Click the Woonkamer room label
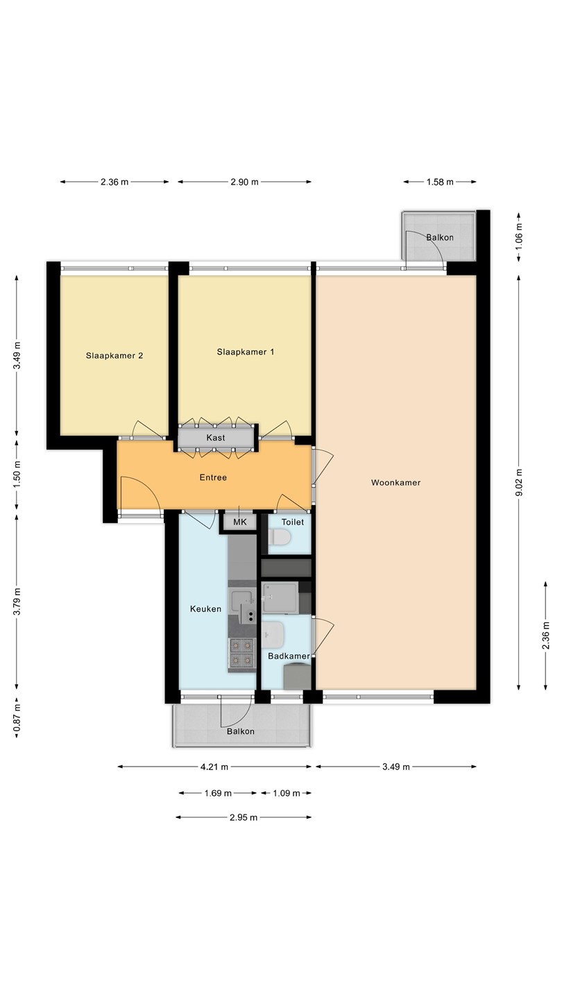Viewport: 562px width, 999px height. point(395,483)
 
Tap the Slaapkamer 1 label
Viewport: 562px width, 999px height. point(246,352)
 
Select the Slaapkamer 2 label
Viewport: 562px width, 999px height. point(114,355)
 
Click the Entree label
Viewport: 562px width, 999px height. point(213,477)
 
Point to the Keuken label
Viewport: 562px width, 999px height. point(205,609)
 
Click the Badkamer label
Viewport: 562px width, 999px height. point(289,656)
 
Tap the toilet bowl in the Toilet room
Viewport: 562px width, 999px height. point(280,537)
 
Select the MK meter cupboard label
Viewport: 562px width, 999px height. point(240,522)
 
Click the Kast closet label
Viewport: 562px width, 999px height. point(216,438)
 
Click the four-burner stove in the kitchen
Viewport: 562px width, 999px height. point(241,652)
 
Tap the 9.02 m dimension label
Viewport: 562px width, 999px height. point(518,483)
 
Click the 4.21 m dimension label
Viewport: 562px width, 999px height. point(214,767)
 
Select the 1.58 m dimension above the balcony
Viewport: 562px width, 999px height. point(440,182)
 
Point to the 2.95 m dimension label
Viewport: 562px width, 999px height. point(244,817)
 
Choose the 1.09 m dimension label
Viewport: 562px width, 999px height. point(287,793)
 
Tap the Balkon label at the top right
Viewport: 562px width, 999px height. point(440,237)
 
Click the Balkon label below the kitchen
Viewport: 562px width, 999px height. point(240,731)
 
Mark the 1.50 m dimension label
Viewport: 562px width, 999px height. point(17,475)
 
